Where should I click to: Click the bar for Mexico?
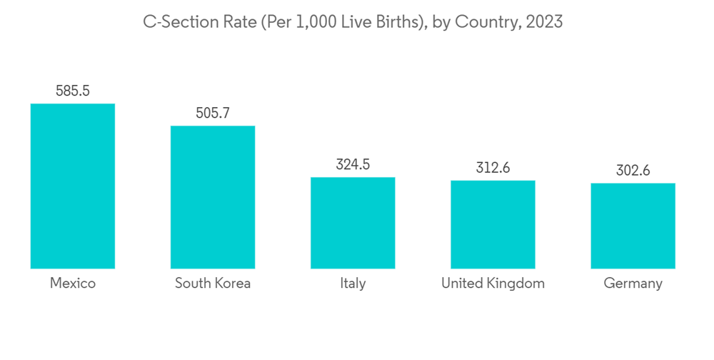(73, 186)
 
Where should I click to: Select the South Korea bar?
(213, 197)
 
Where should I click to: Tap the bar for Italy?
(353, 223)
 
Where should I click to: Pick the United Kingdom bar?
(493, 224)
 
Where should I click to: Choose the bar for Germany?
(633, 226)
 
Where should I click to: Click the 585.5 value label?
(73, 91)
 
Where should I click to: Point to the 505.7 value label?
(213, 113)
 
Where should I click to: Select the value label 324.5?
(353, 164)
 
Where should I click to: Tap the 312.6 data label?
(493, 168)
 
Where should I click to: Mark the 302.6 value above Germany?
(633, 171)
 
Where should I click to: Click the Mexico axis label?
(73, 284)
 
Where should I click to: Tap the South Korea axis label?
(213, 284)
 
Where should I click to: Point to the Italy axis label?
(353, 284)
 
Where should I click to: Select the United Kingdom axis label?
(493, 284)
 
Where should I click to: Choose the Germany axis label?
(633, 284)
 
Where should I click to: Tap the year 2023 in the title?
(544, 22)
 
